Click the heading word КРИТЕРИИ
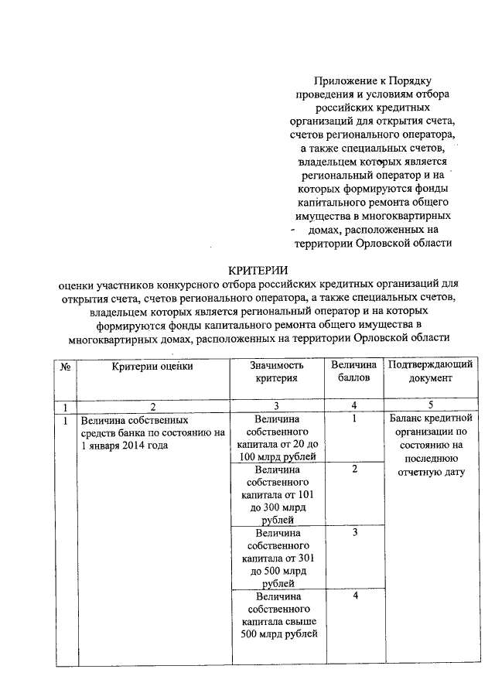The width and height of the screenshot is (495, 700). (x=256, y=270)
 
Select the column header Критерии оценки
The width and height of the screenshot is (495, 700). (x=152, y=366)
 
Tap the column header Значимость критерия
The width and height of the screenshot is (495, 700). (x=277, y=372)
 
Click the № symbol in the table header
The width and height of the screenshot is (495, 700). (x=66, y=366)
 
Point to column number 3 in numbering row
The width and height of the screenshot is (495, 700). (x=276, y=407)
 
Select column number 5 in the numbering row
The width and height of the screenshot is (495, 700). (x=432, y=407)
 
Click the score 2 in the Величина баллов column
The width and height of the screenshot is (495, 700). (x=353, y=470)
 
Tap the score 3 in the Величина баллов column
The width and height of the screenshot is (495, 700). (x=353, y=533)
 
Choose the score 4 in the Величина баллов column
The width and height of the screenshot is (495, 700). (x=353, y=597)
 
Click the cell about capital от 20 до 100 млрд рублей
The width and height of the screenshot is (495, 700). (x=277, y=438)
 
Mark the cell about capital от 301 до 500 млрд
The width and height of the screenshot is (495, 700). (x=277, y=558)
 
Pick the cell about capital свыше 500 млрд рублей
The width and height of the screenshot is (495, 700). (x=277, y=616)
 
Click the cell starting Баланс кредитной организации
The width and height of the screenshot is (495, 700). (x=432, y=446)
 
